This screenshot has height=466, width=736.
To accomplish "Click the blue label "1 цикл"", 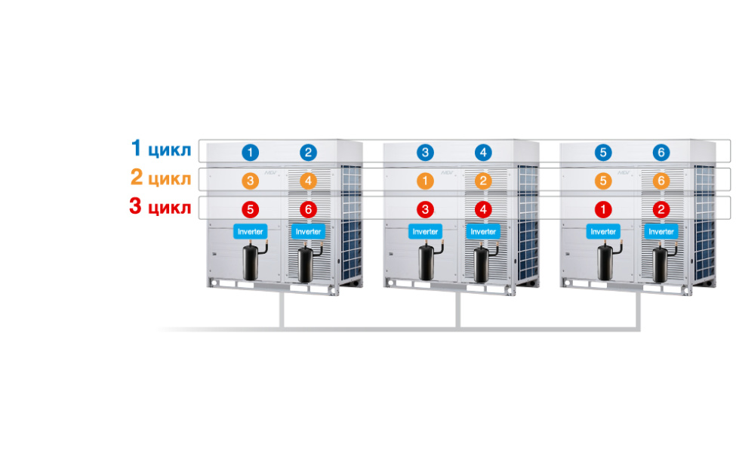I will (161, 149).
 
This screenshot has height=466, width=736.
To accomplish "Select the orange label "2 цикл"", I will (161, 178).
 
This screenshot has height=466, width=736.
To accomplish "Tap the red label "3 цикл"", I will (161, 208).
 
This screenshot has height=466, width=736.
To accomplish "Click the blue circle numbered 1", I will (250, 153).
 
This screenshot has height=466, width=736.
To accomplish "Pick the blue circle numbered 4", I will (483, 153).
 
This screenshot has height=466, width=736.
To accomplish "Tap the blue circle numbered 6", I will (661, 153).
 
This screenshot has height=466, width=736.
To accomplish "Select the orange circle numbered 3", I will (250, 181).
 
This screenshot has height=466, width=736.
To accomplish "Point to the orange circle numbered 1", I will (426, 181).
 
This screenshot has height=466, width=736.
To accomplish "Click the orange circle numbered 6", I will (661, 181).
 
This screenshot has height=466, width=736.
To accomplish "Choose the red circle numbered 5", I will (250, 209).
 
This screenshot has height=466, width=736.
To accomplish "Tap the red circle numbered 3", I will (426, 209).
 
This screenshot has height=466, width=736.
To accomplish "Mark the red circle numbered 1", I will (602, 209).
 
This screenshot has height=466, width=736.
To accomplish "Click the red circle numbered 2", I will (661, 209).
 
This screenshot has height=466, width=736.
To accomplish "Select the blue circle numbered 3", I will (426, 153).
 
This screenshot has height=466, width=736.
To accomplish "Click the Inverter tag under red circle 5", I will (250, 231).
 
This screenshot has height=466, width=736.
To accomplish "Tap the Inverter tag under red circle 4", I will (483, 231).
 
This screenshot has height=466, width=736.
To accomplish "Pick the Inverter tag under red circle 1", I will (602, 231).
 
